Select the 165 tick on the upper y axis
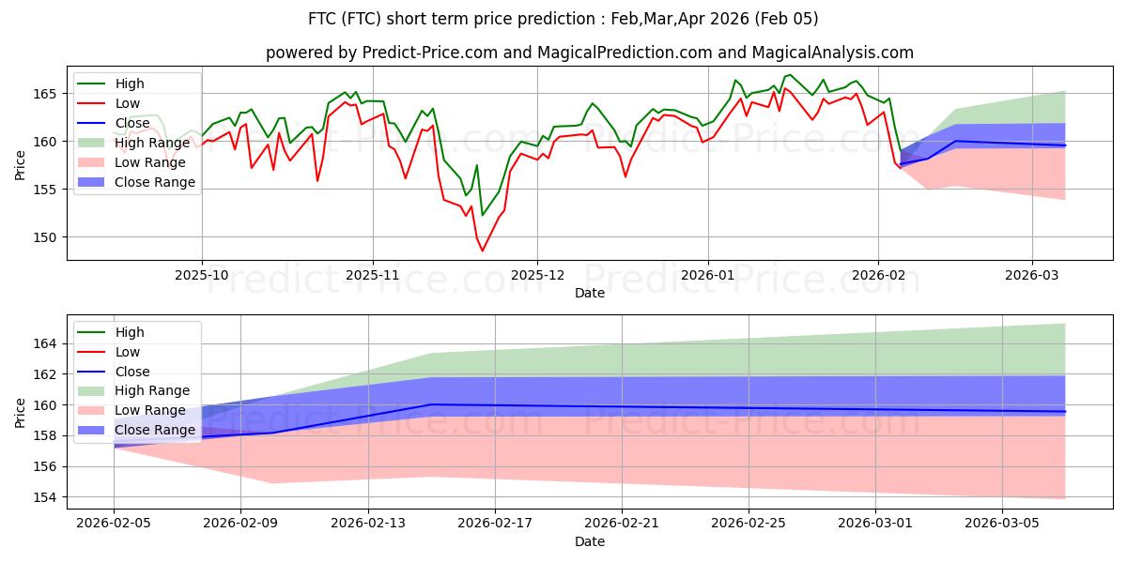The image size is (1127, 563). (x=47, y=94)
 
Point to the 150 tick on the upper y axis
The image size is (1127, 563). (x=47, y=236)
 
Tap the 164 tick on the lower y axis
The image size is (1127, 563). (x=47, y=343)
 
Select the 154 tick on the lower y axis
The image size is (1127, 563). (x=47, y=497)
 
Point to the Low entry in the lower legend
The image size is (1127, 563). (x=127, y=352)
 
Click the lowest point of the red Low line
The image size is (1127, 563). (x=483, y=251)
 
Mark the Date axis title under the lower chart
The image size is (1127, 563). (x=590, y=542)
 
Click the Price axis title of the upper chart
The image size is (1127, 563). (x=22, y=162)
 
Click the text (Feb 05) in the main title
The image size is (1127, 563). (x=788, y=19)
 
